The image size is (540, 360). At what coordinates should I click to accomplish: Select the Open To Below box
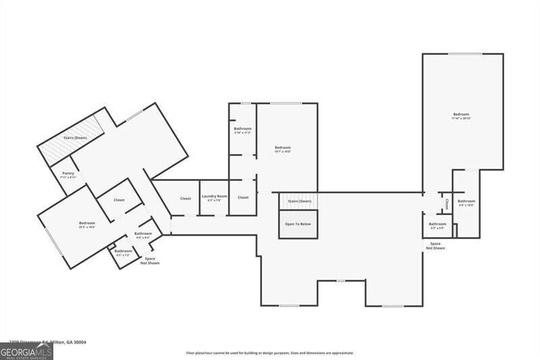tap(298, 224)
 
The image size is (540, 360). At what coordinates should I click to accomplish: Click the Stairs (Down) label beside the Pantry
tap(74, 138)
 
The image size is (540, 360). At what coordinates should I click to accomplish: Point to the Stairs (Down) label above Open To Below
tap(299, 201)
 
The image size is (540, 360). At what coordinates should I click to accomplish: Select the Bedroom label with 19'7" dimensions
tap(283, 149)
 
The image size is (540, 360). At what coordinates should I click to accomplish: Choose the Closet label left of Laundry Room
tap(185, 198)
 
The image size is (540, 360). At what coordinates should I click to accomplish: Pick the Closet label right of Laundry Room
tap(243, 197)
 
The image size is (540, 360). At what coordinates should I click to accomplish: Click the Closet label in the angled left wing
tap(119, 200)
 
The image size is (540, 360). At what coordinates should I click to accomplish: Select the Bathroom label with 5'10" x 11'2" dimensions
tap(242, 130)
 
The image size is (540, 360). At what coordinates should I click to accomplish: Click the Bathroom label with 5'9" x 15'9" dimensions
tap(466, 202)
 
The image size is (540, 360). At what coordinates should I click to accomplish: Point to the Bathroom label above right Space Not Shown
tap(437, 225)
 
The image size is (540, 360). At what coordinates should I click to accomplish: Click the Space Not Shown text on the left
tap(150, 260)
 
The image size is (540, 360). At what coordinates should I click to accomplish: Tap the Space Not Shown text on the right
tap(436, 246)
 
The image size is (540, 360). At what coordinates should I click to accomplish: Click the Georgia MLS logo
tap(26, 351)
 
